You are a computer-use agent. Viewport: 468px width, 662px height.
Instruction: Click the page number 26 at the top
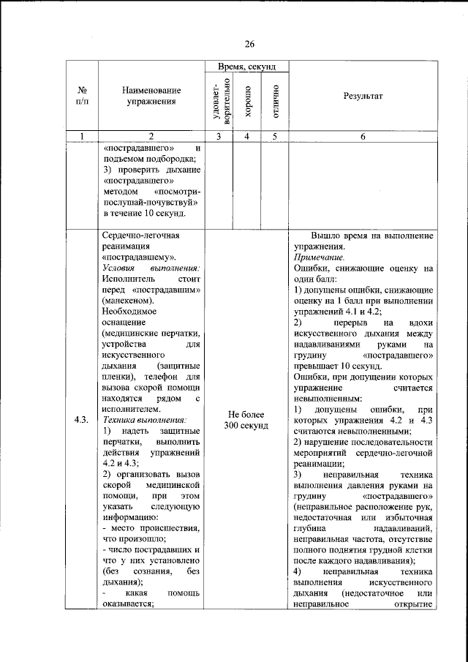tap(249, 44)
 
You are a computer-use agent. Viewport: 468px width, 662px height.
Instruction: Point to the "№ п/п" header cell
tap(83, 97)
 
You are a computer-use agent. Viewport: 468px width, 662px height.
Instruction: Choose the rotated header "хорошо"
tap(248, 100)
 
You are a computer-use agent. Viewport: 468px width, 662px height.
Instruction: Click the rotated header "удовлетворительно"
tap(222, 100)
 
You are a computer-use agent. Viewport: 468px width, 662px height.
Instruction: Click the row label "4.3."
tap(82, 420)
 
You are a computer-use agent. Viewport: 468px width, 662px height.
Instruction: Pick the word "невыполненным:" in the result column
tap(327, 399)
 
